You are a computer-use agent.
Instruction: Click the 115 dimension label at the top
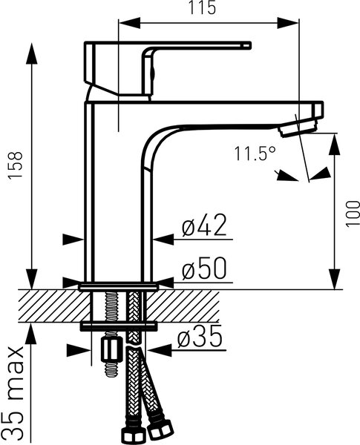203,7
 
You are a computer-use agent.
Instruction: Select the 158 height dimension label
15,165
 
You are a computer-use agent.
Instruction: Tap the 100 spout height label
353,213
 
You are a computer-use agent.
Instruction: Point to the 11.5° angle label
255,154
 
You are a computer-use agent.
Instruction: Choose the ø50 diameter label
204,268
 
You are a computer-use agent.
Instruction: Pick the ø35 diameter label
200,336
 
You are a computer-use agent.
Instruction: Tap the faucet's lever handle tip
246,45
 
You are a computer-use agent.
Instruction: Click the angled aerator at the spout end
298,128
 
